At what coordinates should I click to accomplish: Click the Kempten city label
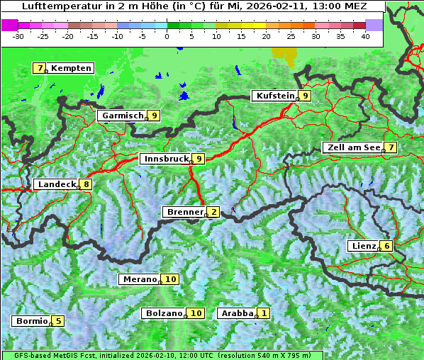[x=71, y=68]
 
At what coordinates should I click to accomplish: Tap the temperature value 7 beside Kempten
[x=40, y=68]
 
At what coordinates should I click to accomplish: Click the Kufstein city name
[x=274, y=96]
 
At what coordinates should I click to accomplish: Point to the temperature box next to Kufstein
[x=305, y=96]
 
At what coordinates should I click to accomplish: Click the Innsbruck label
[x=165, y=159]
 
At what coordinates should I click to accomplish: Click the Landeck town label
[x=56, y=184]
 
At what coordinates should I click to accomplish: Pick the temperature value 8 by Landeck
[x=86, y=184]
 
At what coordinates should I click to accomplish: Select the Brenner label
[x=184, y=212]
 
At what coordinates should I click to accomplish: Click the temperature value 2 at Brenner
[x=213, y=212]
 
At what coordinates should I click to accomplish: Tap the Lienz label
[x=363, y=246]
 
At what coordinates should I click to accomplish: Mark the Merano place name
[x=139, y=279]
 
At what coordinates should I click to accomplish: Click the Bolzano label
[x=164, y=313]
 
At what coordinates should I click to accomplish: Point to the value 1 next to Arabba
[x=264, y=313]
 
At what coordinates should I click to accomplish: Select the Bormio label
[x=32, y=321]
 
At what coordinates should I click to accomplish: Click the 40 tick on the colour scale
[x=365, y=35]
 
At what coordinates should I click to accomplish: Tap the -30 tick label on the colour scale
[x=18, y=35]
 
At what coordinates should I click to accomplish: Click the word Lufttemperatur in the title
[x=55, y=6]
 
